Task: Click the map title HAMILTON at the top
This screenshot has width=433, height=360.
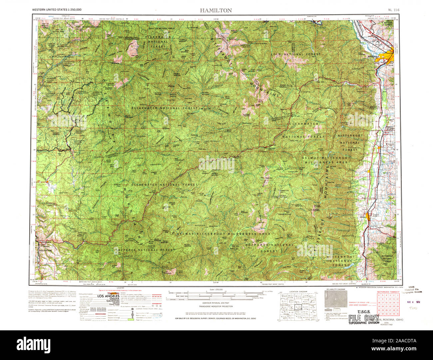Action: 216,10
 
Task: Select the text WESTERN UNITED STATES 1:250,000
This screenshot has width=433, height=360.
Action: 57,10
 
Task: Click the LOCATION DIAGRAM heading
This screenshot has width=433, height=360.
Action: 298,291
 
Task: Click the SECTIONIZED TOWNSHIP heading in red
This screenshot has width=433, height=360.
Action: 388,292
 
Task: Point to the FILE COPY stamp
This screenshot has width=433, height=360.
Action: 364,317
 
